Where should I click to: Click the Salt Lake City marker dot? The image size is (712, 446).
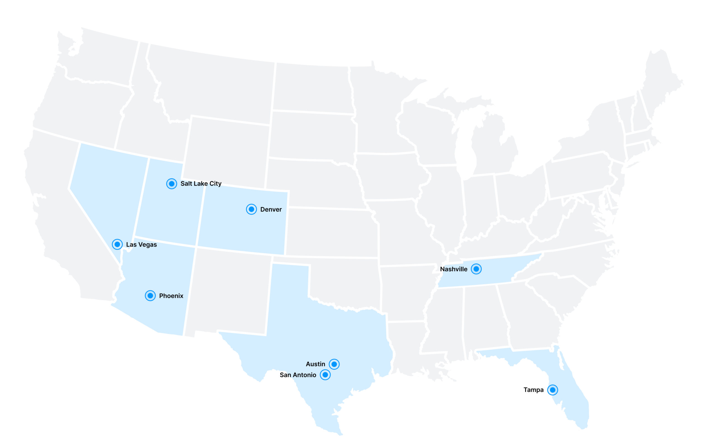tap(172, 184)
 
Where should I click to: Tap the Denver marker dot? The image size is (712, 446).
tap(251, 210)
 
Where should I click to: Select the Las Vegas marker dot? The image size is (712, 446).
tap(117, 245)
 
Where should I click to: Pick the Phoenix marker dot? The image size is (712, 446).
tap(150, 295)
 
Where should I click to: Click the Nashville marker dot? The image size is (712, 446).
tap(476, 269)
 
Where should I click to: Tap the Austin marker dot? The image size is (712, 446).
tap(334, 364)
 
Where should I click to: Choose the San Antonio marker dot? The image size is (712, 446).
tap(325, 375)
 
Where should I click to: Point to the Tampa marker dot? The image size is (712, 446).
tap(553, 390)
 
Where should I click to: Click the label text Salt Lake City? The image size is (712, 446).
tap(201, 184)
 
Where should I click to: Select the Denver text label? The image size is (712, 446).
tap(271, 210)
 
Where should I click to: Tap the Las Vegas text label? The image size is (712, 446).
tap(142, 245)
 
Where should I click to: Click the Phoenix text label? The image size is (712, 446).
tap(171, 296)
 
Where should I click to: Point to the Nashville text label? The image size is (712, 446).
tap(453, 269)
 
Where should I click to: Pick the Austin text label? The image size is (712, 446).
tap(315, 364)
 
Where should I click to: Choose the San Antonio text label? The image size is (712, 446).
tap(298, 375)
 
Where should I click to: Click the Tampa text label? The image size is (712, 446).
tap(533, 390)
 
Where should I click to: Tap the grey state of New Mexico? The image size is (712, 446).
tap(230, 289)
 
